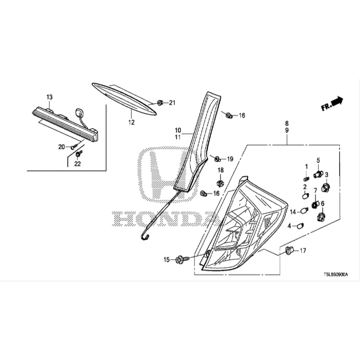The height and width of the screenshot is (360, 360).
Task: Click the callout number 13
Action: [x=49, y=97]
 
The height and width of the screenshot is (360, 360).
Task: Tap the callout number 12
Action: [x=131, y=123]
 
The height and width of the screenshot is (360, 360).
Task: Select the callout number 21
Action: [x=172, y=103]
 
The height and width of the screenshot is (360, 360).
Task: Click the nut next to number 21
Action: [x=160, y=102]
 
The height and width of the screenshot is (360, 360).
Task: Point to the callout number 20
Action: [x=62, y=147]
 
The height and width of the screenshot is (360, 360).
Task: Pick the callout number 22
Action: [x=77, y=163]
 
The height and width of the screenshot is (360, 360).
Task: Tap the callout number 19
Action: [x=230, y=159]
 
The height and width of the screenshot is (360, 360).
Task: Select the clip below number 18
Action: [x=220, y=183]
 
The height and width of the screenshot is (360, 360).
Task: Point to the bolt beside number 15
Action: [x=181, y=259]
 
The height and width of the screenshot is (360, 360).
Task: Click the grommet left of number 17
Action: [x=289, y=250]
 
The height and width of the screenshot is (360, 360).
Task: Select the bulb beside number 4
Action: [x=301, y=226]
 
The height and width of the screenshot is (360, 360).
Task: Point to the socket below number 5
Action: [x=319, y=174]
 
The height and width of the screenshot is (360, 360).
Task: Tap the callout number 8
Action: [x=287, y=123]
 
